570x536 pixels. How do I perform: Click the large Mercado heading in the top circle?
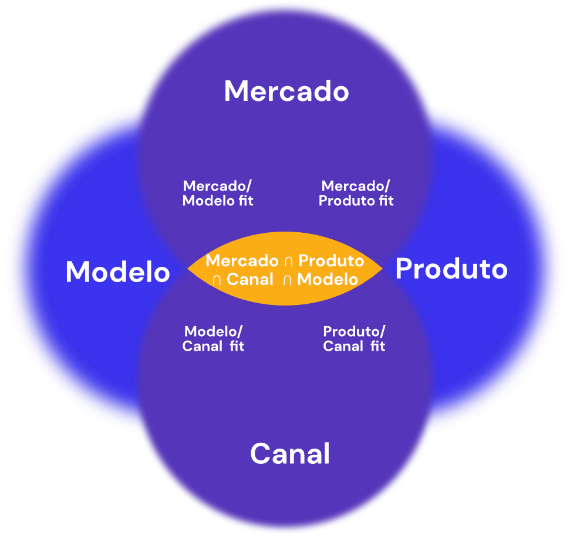click(x=286, y=91)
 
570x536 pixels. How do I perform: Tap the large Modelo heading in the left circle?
click(x=117, y=272)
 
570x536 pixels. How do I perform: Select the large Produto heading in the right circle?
click(x=451, y=269)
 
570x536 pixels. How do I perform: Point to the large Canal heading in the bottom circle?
click(x=290, y=454)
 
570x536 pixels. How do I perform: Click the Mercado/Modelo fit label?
click(x=218, y=194)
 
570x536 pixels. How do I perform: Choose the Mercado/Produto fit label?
click(x=356, y=194)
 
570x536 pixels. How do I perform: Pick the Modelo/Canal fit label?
click(x=213, y=338)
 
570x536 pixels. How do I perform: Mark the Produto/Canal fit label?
click(x=354, y=338)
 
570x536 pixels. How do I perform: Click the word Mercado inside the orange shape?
click(x=242, y=260)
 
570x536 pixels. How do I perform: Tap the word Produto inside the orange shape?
click(x=331, y=260)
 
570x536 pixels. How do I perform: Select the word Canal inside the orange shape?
click(x=250, y=280)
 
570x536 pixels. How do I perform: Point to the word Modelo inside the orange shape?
click(x=328, y=280)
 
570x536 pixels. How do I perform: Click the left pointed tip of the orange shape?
click(x=188, y=269)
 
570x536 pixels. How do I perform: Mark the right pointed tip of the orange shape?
click(x=382, y=269)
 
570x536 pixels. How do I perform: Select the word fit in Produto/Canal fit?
click(x=377, y=346)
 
